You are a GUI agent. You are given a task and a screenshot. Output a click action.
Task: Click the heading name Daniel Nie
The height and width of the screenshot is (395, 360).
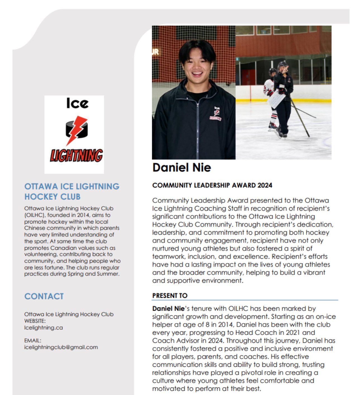(182, 168)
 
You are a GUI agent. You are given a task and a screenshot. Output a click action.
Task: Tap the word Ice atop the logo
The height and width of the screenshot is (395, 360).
(77, 103)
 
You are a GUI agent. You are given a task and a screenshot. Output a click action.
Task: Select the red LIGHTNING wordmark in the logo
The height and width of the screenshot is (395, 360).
(76, 155)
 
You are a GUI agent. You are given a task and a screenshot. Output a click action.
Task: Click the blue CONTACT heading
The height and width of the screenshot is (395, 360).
(44, 296)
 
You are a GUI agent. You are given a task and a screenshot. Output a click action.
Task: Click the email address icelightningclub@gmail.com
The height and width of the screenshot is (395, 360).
(61, 347)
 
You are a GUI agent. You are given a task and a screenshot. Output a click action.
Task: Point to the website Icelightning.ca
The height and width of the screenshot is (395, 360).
(44, 328)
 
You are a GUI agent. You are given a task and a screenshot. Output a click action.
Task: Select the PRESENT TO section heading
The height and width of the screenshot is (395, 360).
(170, 296)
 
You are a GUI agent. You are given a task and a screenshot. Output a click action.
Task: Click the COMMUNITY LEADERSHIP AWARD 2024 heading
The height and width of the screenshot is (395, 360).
(212, 185)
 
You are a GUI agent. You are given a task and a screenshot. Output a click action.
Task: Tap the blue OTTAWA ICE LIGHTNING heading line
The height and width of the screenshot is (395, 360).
(72, 186)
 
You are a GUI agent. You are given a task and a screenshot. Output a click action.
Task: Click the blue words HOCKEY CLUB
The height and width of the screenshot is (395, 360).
(52, 197)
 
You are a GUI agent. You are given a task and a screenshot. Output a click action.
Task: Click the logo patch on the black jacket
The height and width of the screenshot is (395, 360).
(215, 114)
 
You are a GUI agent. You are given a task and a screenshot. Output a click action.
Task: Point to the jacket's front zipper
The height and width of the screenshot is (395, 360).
(198, 131)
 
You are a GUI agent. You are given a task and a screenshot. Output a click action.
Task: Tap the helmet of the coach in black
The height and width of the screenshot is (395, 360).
(282, 65)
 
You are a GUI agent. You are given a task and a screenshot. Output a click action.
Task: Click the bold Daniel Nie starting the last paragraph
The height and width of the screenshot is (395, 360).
(168, 309)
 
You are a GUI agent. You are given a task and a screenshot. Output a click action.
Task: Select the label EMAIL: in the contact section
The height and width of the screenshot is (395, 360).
(33, 341)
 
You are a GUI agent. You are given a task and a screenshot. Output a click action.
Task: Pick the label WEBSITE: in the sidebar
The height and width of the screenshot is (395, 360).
(35, 321)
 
